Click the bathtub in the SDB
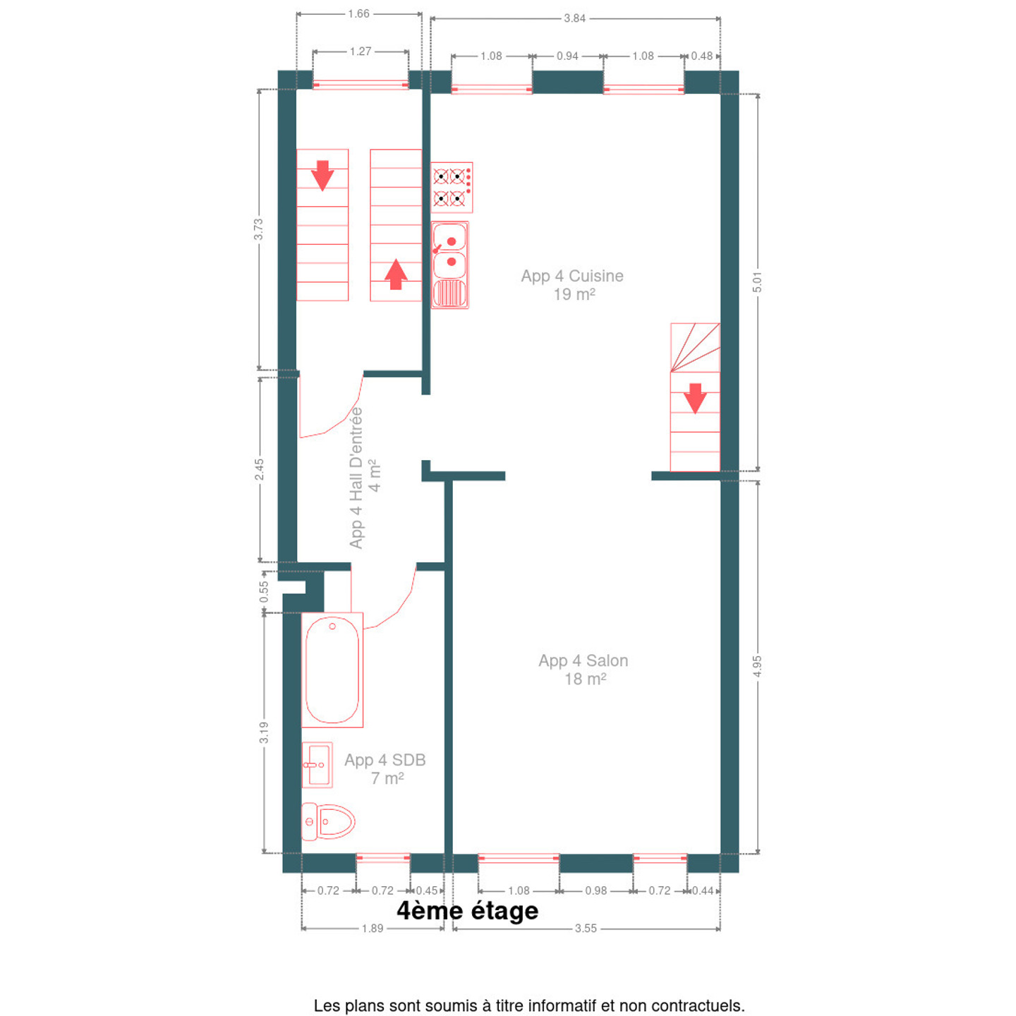pyautogui.click(x=332, y=670)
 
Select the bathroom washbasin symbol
pyautogui.click(x=317, y=765)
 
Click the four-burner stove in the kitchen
pyautogui.click(x=452, y=187)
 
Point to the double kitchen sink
pyautogui.click(x=450, y=265)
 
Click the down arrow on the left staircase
pyautogui.click(x=322, y=175)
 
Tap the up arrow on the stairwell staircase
pyautogui.click(x=396, y=274)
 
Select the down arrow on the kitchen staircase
pyautogui.click(x=695, y=398)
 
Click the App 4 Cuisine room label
pyautogui.click(x=573, y=285)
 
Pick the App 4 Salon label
pyautogui.click(x=583, y=670)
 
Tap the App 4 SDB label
pyautogui.click(x=385, y=769)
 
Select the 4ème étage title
pyautogui.click(x=468, y=911)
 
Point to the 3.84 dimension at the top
pyautogui.click(x=575, y=18)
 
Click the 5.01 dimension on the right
pyautogui.click(x=757, y=282)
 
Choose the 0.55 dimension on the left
pyautogui.click(x=264, y=591)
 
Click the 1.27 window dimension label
pyautogui.click(x=361, y=51)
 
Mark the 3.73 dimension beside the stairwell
pyautogui.click(x=258, y=229)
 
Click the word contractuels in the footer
pyautogui.click(x=706, y=1005)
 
